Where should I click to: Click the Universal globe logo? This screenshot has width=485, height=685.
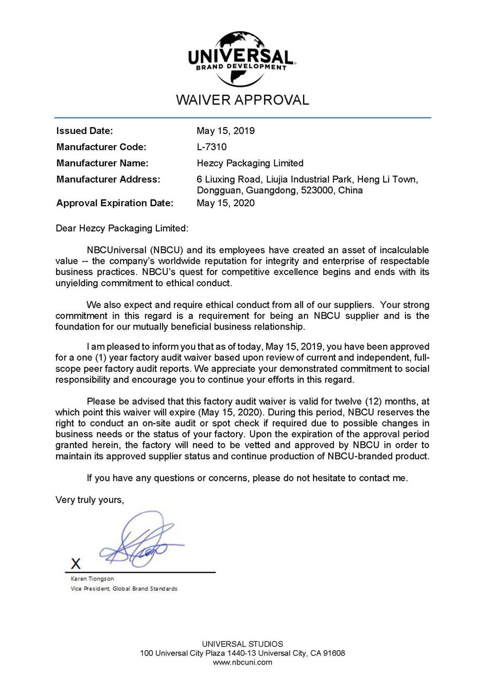(x=242, y=58)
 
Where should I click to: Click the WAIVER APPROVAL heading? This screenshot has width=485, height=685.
(x=242, y=100)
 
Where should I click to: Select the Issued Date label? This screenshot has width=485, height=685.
(x=85, y=131)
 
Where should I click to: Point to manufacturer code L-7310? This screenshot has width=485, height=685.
(x=212, y=147)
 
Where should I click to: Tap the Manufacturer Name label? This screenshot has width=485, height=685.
(x=102, y=163)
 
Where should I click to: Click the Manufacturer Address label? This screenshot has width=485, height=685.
(x=108, y=179)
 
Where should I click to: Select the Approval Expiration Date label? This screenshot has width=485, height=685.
(x=115, y=203)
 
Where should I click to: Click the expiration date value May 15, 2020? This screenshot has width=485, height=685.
(x=225, y=203)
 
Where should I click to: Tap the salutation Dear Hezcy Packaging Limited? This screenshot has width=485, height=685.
(x=122, y=228)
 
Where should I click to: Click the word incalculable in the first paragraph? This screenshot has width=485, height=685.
(x=404, y=250)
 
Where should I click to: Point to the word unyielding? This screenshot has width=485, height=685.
(x=77, y=283)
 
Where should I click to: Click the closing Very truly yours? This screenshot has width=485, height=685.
(x=90, y=500)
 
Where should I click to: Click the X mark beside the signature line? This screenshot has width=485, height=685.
(x=76, y=564)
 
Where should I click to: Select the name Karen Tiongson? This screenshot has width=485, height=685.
(x=92, y=579)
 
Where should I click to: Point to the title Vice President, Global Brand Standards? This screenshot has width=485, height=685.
(x=124, y=589)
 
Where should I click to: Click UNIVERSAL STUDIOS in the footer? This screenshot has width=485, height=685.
(x=242, y=644)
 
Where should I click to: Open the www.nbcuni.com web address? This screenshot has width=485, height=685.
(x=242, y=662)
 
